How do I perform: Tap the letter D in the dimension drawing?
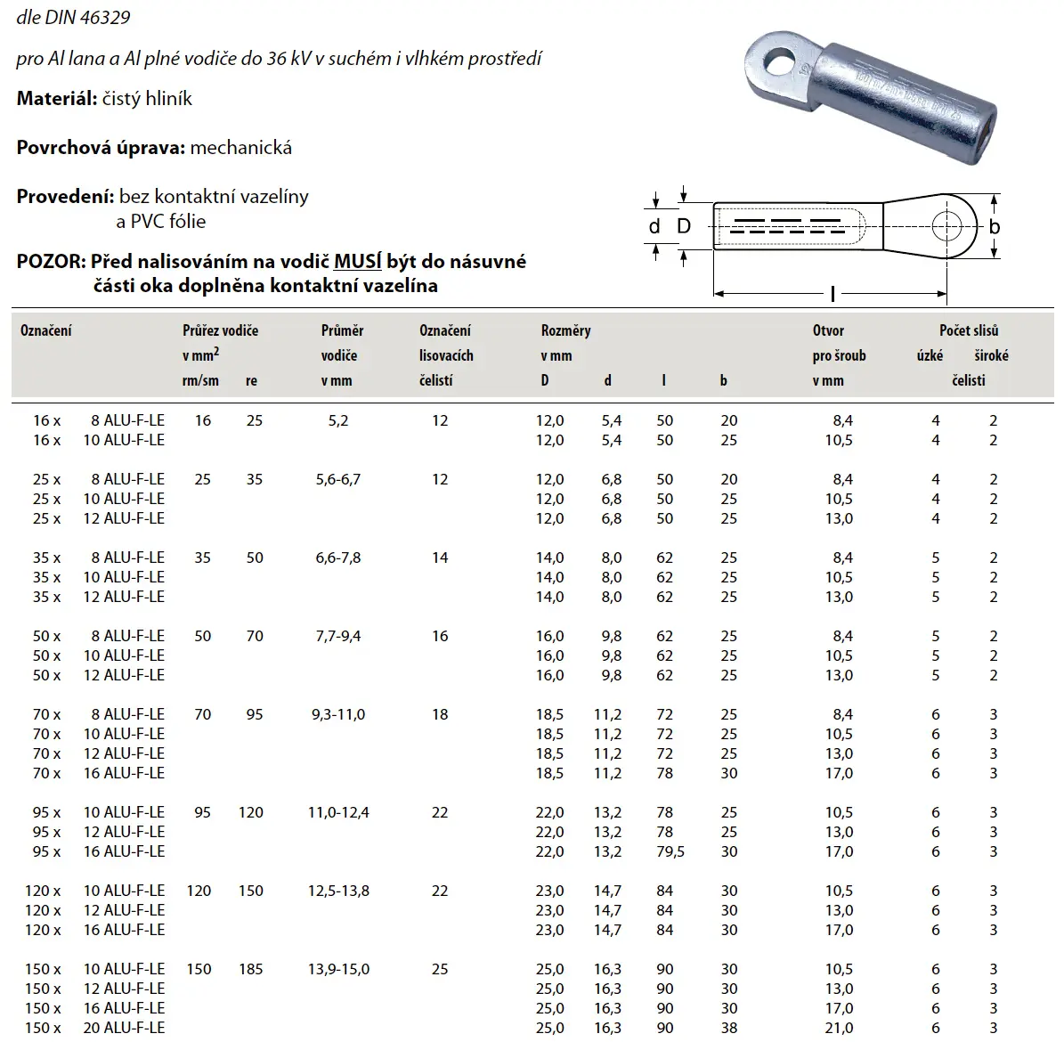(x=684, y=226)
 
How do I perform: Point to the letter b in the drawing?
(x=995, y=226)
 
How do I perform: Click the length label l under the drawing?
(x=832, y=293)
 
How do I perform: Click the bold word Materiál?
(x=56, y=99)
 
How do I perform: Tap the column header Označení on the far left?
(x=46, y=330)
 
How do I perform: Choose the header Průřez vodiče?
(x=221, y=330)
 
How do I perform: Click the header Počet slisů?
(x=969, y=330)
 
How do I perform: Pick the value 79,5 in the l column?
(x=670, y=851)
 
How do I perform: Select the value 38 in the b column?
(x=729, y=1028)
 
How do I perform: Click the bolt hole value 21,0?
(x=839, y=1028)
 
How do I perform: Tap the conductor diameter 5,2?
(x=338, y=420)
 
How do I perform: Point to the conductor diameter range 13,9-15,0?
(x=338, y=969)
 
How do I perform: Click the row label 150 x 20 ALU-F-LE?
(x=98, y=1028)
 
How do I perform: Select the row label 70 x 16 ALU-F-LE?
(x=98, y=773)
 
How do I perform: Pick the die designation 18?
(x=440, y=714)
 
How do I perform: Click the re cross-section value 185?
(x=251, y=969)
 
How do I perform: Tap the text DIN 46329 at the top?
(x=80, y=18)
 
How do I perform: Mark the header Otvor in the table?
(x=828, y=330)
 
